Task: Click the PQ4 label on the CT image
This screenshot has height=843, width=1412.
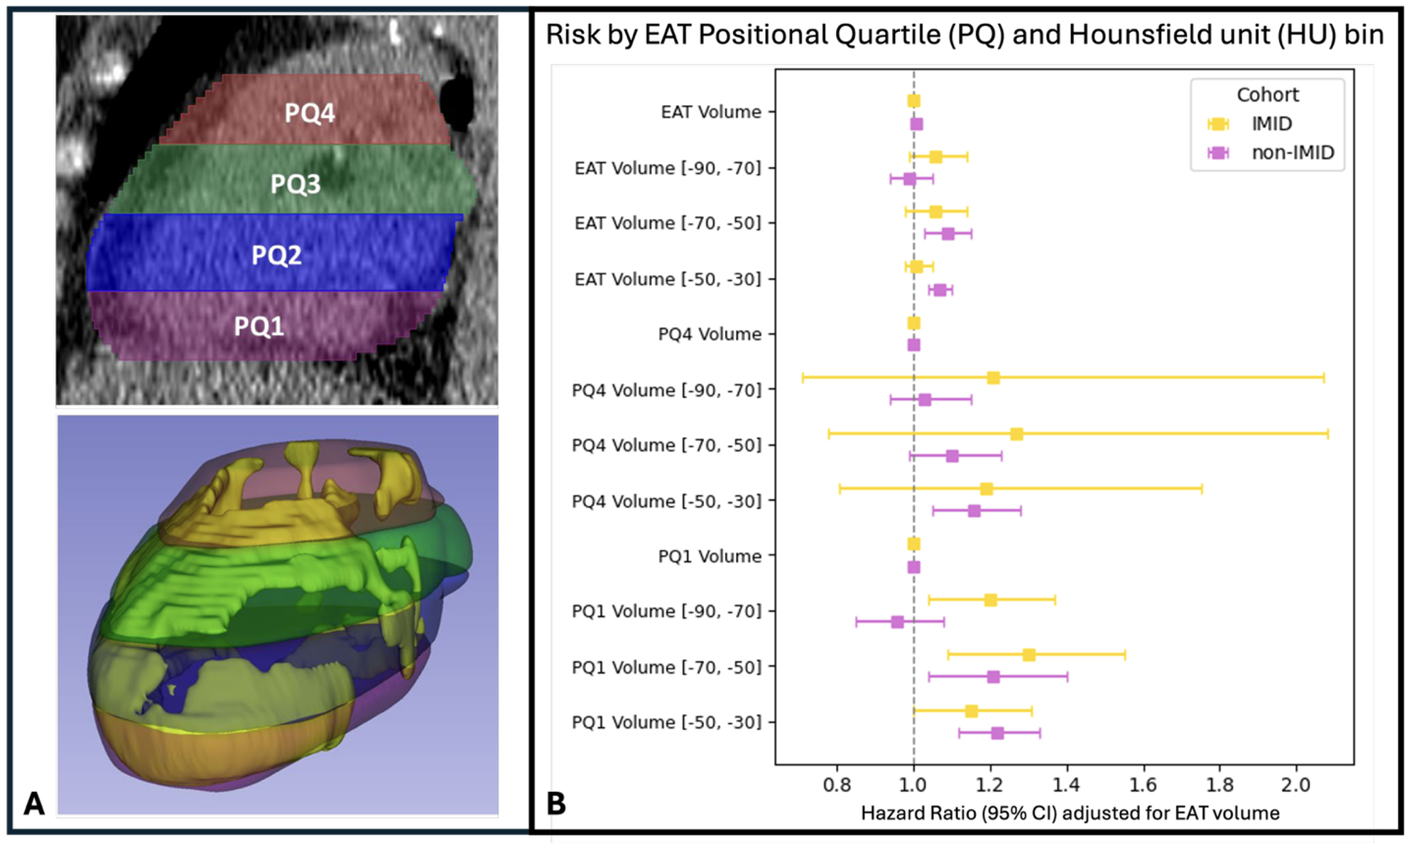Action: pyautogui.click(x=310, y=113)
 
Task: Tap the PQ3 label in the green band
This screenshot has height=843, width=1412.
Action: pyautogui.click(x=295, y=184)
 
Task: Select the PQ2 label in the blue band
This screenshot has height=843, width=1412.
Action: pyautogui.click(x=276, y=255)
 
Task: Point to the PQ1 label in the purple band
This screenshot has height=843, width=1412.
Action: pyautogui.click(x=259, y=326)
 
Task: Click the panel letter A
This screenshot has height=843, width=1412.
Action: pyautogui.click(x=34, y=804)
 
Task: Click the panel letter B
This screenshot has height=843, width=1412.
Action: pyautogui.click(x=556, y=804)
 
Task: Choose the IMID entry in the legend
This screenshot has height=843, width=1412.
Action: pyautogui.click(x=1271, y=124)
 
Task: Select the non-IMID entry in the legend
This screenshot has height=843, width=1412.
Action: pyautogui.click(x=1292, y=152)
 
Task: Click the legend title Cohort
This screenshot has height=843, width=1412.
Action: pyautogui.click(x=1267, y=95)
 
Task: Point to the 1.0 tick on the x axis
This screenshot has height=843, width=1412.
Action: pyautogui.click(x=913, y=785)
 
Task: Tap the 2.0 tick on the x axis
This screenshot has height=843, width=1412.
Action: pyautogui.click(x=1296, y=785)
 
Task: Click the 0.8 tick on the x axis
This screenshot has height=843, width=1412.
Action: pyautogui.click(x=837, y=785)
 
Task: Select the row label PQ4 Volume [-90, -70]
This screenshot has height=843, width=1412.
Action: pyautogui.click(x=666, y=390)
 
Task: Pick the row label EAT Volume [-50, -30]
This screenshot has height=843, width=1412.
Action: pyautogui.click(x=668, y=279)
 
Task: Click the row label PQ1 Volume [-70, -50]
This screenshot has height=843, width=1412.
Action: pyautogui.click(x=666, y=667)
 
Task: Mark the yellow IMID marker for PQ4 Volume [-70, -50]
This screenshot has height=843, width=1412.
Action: pyautogui.click(x=1016, y=434)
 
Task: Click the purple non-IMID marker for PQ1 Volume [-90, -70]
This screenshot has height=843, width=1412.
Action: pyautogui.click(x=898, y=622)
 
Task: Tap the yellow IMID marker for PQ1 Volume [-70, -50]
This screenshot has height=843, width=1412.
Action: pyautogui.click(x=1028, y=655)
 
